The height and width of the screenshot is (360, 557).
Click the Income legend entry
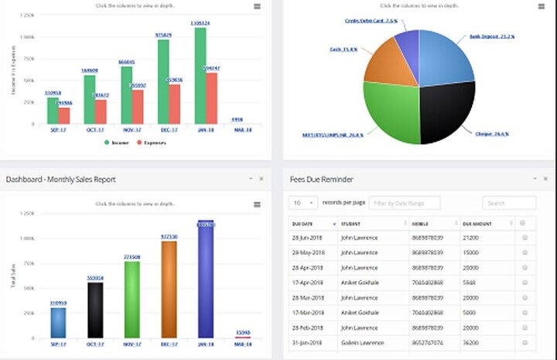point(118,142)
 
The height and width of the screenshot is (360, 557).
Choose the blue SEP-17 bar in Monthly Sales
point(59,322)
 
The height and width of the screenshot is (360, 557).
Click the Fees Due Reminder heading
point(321,180)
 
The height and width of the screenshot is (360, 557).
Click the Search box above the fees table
point(508,203)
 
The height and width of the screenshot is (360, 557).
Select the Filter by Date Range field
point(404,203)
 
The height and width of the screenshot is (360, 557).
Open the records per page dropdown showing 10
point(303,203)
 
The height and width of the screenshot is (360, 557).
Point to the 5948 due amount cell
point(469,283)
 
